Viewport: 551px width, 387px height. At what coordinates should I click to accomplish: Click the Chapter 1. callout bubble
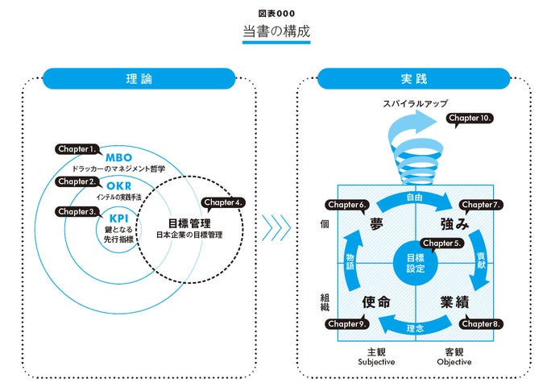click(77, 149)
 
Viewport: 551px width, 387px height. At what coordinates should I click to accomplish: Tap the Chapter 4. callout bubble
click(223, 203)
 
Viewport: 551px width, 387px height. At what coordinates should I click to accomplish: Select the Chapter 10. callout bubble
click(470, 119)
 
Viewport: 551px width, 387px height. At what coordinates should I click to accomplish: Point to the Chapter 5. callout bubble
click(441, 243)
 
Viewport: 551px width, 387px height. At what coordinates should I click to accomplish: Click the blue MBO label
click(118, 157)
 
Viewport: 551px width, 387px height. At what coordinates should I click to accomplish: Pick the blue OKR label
click(118, 185)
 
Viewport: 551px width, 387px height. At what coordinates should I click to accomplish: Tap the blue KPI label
click(118, 218)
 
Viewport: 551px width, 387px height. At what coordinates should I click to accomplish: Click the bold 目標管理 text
click(189, 223)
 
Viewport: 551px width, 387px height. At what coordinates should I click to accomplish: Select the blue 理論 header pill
click(139, 78)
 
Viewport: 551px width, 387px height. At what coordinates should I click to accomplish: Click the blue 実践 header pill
click(413, 78)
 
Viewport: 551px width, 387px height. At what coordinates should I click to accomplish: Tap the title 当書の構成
click(276, 31)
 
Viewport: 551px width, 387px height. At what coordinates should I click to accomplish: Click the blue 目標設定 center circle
click(416, 263)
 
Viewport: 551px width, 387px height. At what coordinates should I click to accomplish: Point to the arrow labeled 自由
click(415, 198)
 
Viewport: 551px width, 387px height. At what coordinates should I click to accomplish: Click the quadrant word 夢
click(376, 224)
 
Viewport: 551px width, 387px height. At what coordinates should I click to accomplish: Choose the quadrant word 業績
click(454, 302)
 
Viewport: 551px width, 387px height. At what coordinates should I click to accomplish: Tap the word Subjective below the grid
click(376, 362)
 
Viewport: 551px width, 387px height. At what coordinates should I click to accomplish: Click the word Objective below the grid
click(454, 362)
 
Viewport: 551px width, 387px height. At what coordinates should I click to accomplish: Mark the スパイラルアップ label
click(415, 103)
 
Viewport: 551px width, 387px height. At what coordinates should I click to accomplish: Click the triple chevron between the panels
click(276, 227)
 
